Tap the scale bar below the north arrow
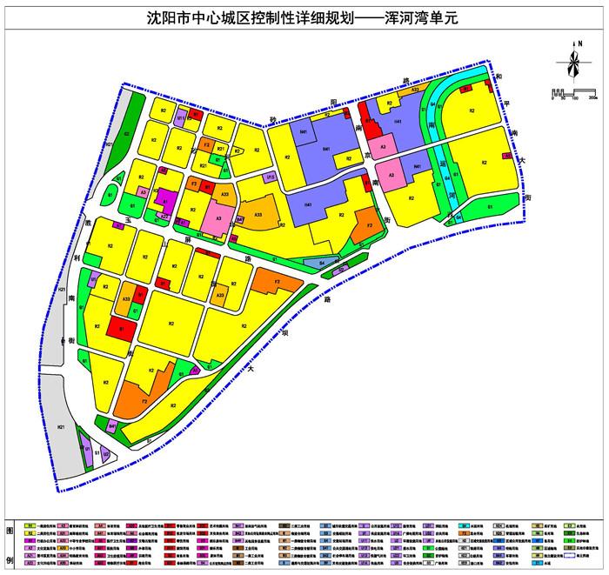572,91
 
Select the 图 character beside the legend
10,531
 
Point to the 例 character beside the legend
10,561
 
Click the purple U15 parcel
271,177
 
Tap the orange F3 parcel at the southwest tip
144,400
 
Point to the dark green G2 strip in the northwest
127,135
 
